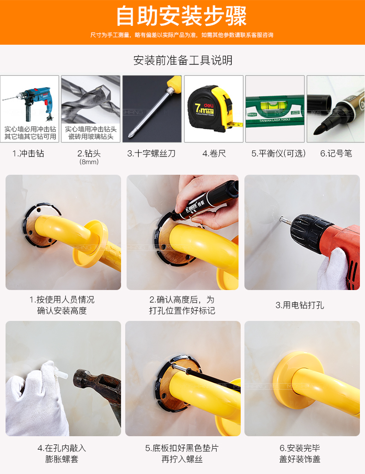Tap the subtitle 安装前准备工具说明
182,60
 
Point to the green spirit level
274,106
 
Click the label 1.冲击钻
28,154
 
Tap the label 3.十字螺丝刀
152,154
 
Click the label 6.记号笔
336,154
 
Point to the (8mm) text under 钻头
89,162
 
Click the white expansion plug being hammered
63,376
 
